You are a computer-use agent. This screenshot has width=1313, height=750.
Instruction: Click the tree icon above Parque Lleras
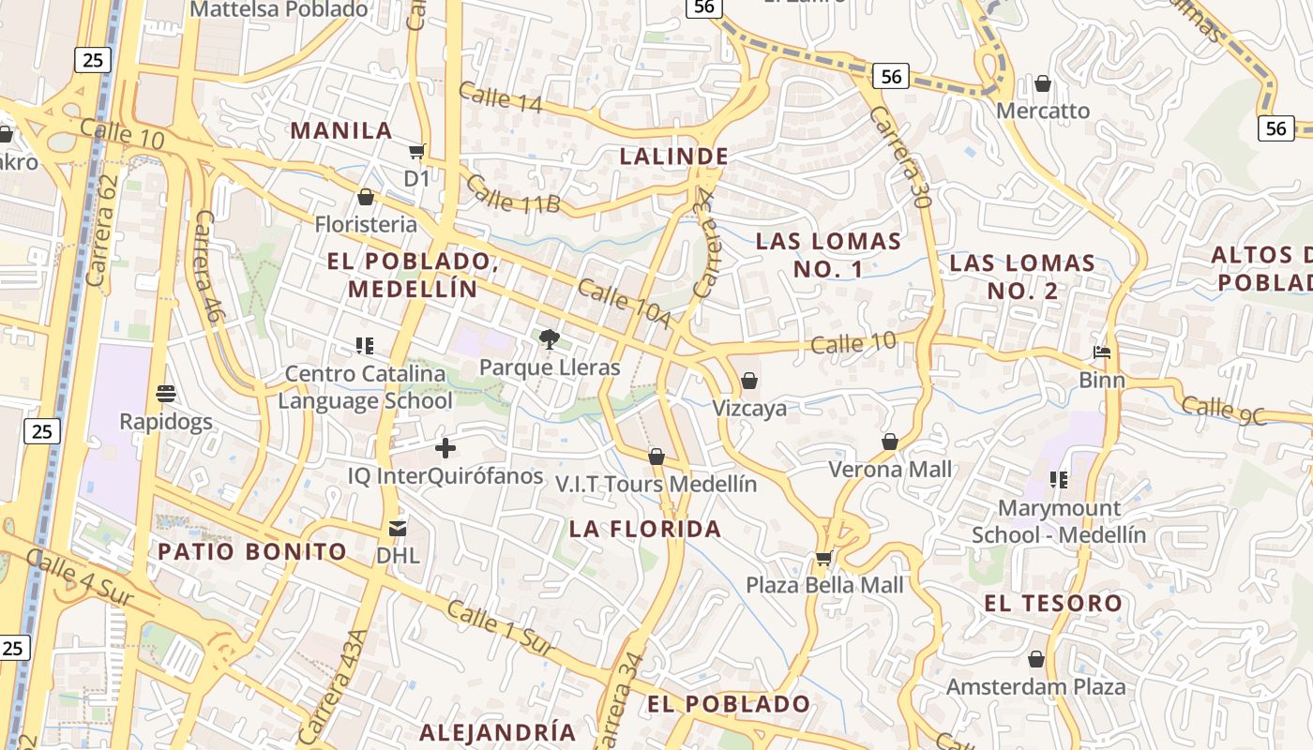[550, 339]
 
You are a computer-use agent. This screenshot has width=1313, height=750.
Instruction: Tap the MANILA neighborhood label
[341, 130]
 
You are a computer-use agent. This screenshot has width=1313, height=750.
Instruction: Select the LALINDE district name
[673, 156]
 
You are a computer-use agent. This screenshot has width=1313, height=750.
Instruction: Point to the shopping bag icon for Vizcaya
[748, 381]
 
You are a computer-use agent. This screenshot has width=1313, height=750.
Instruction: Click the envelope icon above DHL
[398, 529]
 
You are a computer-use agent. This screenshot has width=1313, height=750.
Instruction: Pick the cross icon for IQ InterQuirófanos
[445, 448]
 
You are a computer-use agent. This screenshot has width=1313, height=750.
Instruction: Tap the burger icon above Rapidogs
[166, 394]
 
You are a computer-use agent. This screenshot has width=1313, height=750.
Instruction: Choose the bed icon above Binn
[1102, 353]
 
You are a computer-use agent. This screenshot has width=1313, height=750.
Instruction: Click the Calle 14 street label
[500, 97]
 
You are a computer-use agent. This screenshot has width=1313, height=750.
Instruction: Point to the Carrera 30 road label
[899, 156]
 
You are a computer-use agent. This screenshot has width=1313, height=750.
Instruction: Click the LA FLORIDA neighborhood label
[645, 529]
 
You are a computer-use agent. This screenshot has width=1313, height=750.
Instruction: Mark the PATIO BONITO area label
[252, 551]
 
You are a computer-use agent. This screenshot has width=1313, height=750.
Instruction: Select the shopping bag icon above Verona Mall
[889, 442]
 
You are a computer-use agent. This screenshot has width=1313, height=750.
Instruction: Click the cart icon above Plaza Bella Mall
[823, 559]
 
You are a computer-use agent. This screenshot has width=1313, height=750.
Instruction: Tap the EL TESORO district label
[1053, 603]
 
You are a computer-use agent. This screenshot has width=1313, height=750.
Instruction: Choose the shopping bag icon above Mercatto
[1042, 84]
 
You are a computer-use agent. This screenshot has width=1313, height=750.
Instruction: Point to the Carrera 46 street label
[206, 266]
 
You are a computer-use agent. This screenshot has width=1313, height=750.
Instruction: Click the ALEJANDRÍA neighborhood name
[497, 731]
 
